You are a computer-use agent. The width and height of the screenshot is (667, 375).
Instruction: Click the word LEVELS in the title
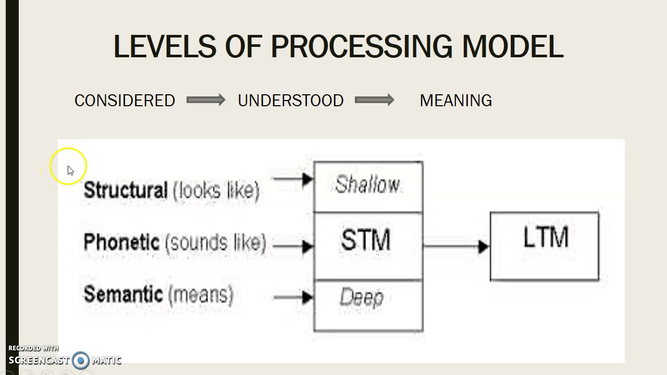pyautogui.click(x=164, y=47)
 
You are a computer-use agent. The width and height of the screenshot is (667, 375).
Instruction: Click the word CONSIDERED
pyautogui.click(x=125, y=101)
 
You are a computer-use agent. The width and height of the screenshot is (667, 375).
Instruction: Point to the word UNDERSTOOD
pyautogui.click(x=290, y=101)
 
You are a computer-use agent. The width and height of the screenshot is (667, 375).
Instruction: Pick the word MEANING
pyautogui.click(x=455, y=101)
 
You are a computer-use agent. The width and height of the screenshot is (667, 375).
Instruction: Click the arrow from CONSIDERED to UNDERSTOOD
pyautogui.click(x=206, y=100)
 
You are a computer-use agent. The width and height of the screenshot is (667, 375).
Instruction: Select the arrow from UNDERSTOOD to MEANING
pyautogui.click(x=374, y=100)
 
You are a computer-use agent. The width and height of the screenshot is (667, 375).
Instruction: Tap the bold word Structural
pyautogui.click(x=126, y=190)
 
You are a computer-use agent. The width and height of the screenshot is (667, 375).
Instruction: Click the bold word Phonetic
pyautogui.click(x=121, y=242)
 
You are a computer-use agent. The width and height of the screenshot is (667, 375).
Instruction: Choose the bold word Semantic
pyautogui.click(x=123, y=294)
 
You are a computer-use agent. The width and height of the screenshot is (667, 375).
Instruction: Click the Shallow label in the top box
pyautogui.click(x=367, y=185)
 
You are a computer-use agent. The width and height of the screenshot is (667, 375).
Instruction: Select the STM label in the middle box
pyautogui.click(x=366, y=241)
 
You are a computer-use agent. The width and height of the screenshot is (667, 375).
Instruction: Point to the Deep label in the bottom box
pyautogui.click(x=362, y=297)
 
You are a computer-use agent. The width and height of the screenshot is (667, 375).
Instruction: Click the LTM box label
pyautogui.click(x=545, y=238)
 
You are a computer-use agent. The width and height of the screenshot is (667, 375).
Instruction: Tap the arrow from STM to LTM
pyautogui.click(x=456, y=246)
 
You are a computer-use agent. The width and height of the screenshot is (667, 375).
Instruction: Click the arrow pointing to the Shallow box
pyautogui.click(x=292, y=179)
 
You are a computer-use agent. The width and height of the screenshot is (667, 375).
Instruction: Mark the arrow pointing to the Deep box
pyautogui.click(x=292, y=297)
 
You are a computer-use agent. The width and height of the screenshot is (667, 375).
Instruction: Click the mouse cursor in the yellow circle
pyautogui.click(x=70, y=170)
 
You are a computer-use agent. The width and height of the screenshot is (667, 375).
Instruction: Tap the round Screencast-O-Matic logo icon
pyautogui.click(x=81, y=360)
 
